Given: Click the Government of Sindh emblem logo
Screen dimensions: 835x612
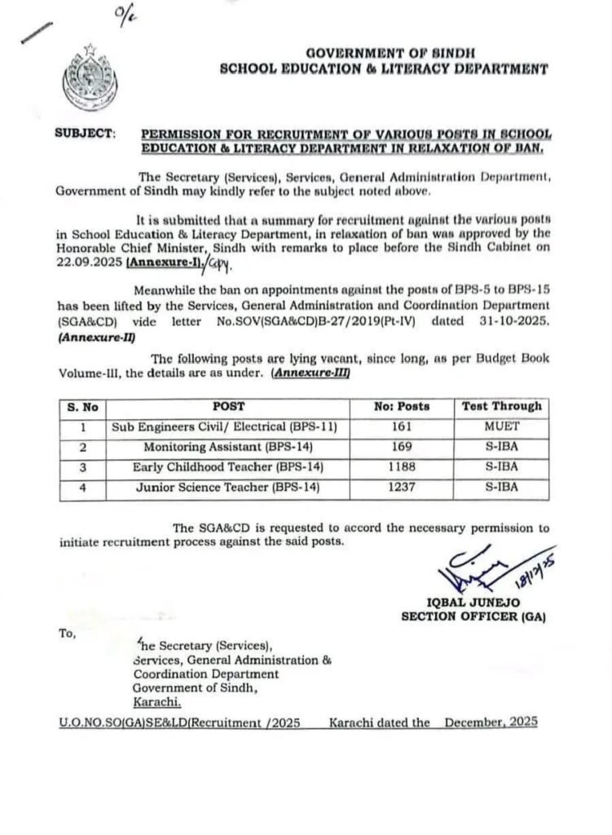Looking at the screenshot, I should click(83, 75).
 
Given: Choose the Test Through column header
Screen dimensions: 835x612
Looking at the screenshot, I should click(500, 405).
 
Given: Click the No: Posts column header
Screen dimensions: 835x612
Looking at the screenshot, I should click(401, 405).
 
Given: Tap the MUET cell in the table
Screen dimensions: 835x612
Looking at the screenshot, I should click(500, 426).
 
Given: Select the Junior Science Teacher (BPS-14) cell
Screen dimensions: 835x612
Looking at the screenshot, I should click(224, 488).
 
